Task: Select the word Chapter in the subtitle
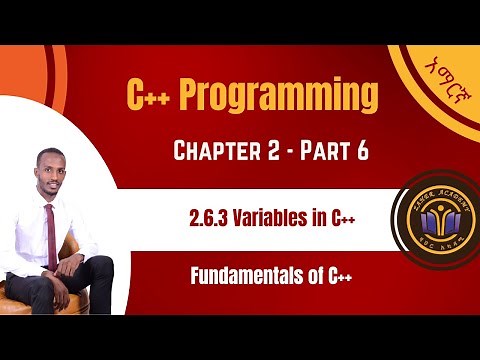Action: [223, 153]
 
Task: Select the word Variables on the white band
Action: [270, 218]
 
